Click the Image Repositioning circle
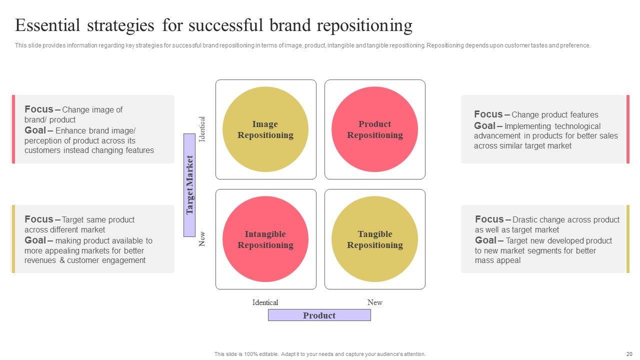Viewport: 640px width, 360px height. pyautogui.click(x=265, y=129)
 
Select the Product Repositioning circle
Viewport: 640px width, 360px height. pyautogui.click(x=374, y=129)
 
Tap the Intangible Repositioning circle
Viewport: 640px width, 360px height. pyautogui.click(x=265, y=239)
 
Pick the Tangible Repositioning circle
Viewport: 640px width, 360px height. pyautogui.click(x=374, y=239)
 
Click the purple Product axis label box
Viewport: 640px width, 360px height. pyautogui.click(x=319, y=315)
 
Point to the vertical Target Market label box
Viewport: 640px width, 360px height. pyautogui.click(x=189, y=185)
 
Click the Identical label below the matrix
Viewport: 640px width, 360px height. pyautogui.click(x=265, y=302)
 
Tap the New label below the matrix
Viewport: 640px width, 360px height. pyautogui.click(x=375, y=302)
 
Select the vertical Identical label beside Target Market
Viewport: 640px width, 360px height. pyautogui.click(x=202, y=129)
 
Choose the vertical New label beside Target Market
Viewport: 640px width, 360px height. pyautogui.click(x=202, y=239)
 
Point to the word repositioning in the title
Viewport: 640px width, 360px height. pyautogui.click(x=364, y=25)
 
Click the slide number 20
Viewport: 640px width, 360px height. pyautogui.click(x=629, y=354)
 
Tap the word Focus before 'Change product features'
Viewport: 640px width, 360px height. pyautogui.click(x=488, y=114)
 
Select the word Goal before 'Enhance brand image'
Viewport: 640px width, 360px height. pyautogui.click(x=35, y=130)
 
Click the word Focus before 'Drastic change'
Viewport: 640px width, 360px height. pyautogui.click(x=489, y=219)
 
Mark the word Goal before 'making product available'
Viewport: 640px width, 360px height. pyautogui.click(x=35, y=240)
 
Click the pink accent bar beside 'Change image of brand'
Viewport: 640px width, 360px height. pyautogui.click(x=13, y=129)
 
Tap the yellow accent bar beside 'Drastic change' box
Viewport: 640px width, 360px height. pyautogui.click(x=628, y=239)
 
